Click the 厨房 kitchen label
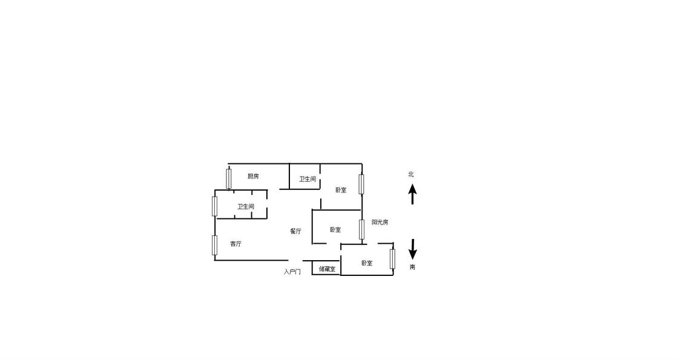253,176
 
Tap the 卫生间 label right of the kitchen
307,179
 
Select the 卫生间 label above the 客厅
245,207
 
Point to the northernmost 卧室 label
341,190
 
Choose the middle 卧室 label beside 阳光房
335,230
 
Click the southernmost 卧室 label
367,263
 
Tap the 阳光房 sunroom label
380,222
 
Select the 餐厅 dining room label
296,231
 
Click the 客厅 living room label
236,244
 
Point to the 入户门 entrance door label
292,272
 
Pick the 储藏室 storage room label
327,269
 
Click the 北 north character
411,174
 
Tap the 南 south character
412,267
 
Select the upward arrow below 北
412,194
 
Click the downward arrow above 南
413,250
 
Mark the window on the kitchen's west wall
229,178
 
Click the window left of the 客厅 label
214,246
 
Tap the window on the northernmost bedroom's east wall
361,184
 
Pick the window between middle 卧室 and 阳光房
361,230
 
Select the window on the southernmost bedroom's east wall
393,259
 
